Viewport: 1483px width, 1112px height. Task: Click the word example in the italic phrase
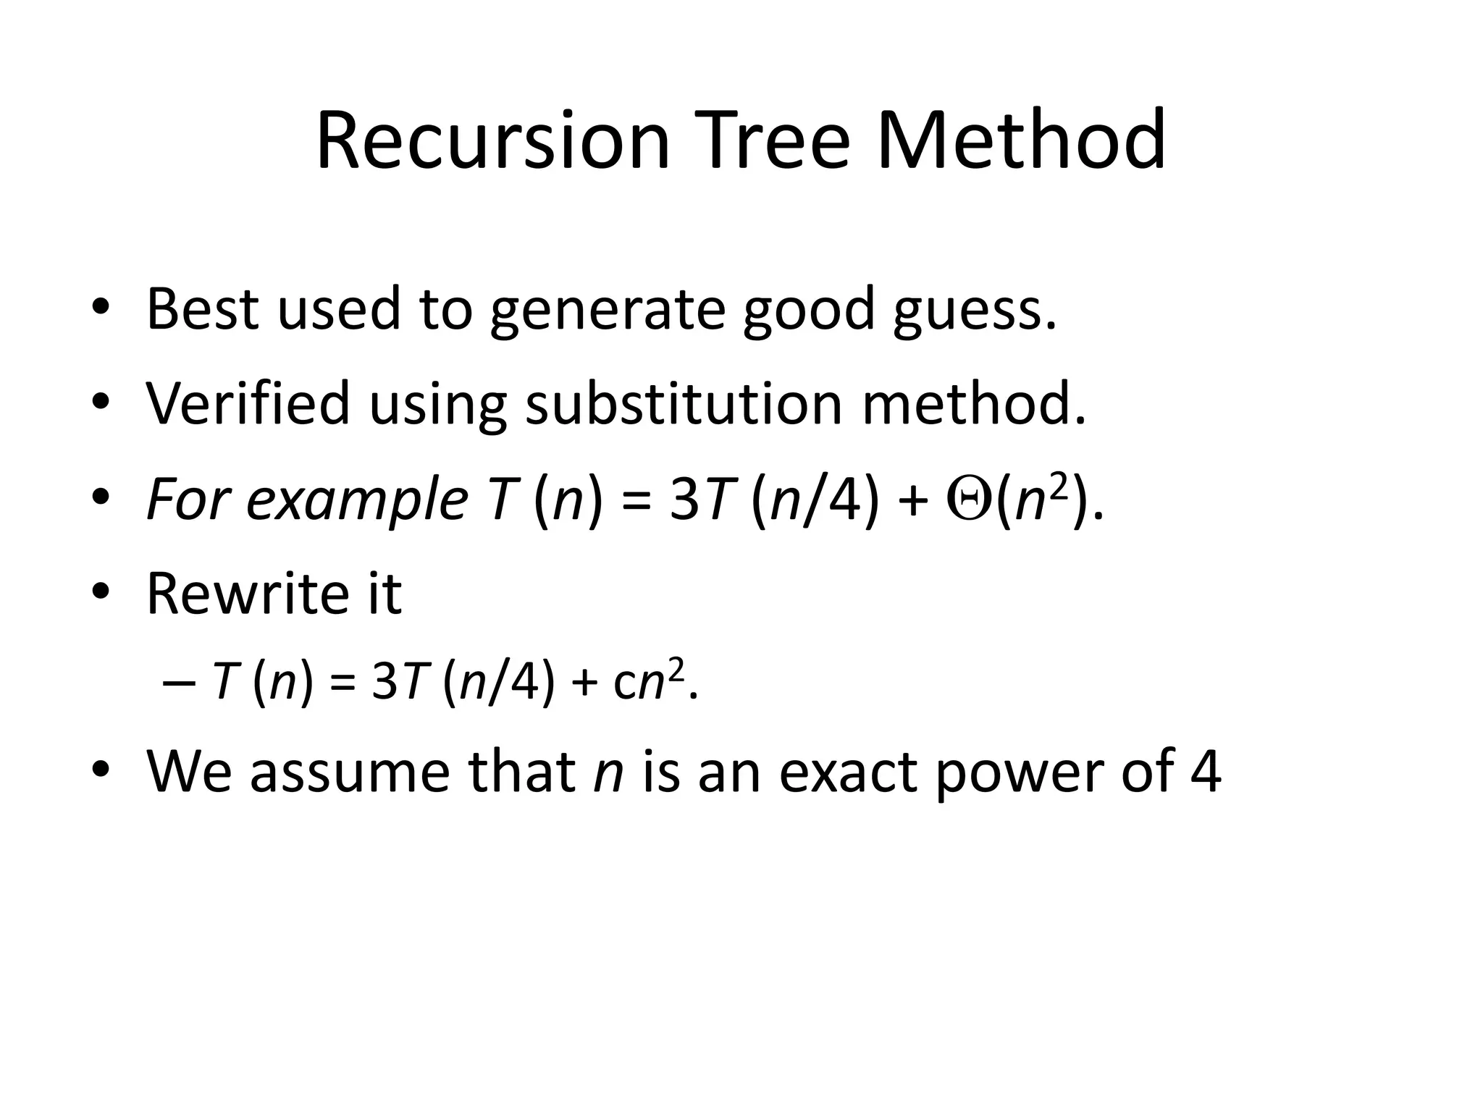pyautogui.click(x=357, y=502)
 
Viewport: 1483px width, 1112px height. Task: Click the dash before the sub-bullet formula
pyautogui.click(x=175, y=683)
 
